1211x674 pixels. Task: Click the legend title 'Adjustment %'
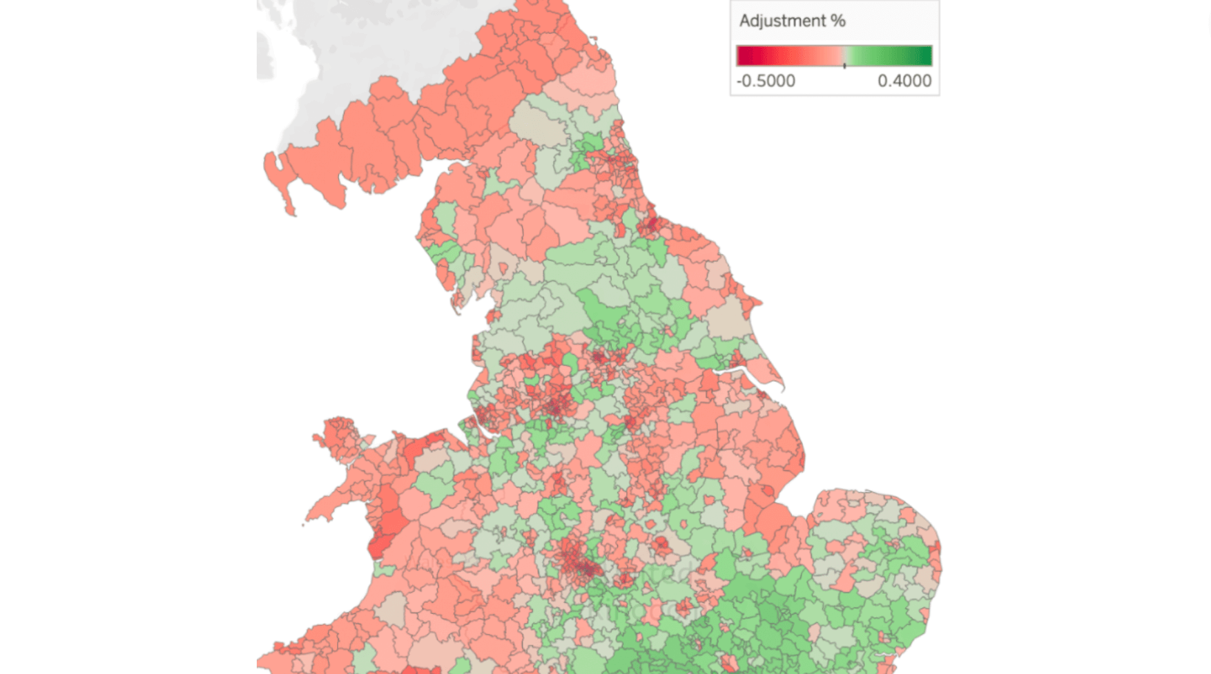[x=792, y=21]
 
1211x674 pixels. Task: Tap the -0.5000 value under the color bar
[x=766, y=81]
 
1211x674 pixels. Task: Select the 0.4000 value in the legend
[x=904, y=81]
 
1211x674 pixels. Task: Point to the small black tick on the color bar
[x=844, y=65]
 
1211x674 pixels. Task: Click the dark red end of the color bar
[x=744, y=55]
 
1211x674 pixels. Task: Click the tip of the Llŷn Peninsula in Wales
[x=306, y=518]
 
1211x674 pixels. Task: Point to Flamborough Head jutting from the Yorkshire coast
[x=759, y=302]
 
